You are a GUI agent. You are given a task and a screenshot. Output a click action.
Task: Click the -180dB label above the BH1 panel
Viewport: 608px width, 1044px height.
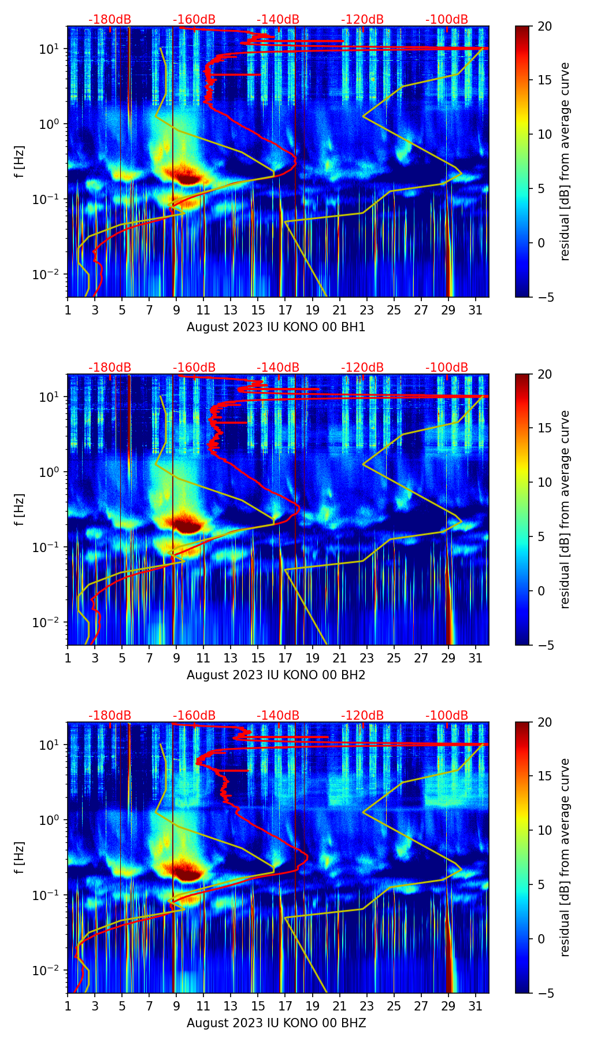tap(110, 20)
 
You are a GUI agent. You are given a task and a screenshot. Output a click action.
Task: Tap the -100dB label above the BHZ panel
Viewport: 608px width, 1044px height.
tap(447, 716)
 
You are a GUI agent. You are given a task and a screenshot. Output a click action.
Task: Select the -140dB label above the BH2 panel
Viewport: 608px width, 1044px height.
tap(278, 368)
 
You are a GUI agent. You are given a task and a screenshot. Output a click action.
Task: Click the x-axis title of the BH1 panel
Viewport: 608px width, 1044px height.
tap(276, 327)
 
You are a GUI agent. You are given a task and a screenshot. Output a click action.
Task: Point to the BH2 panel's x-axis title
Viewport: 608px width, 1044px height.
tap(276, 675)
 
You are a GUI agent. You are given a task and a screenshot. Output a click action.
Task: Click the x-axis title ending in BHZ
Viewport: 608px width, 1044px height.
tap(276, 1023)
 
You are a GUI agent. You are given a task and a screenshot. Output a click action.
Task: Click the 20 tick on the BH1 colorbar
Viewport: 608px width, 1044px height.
tap(544, 26)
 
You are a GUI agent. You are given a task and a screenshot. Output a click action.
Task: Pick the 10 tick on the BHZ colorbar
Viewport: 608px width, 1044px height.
tap(544, 830)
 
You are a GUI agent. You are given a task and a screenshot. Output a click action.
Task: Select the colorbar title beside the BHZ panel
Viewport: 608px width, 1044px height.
tap(565, 857)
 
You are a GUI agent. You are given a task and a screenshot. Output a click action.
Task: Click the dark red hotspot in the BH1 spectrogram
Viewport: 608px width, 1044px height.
tap(186, 176)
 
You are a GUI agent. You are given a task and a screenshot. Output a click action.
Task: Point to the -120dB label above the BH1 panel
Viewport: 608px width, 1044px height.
tap(362, 20)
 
